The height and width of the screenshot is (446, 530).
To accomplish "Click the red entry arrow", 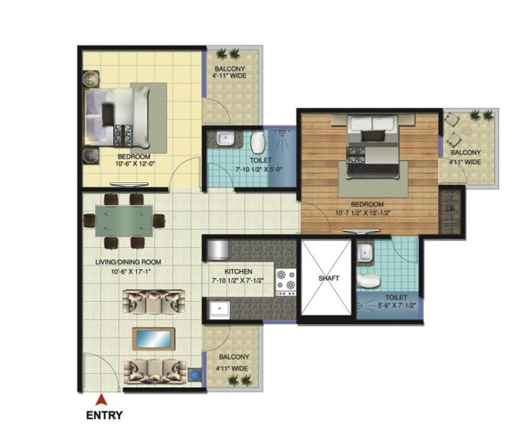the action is coord(101,400).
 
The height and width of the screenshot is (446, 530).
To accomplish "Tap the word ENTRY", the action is coord(104,415).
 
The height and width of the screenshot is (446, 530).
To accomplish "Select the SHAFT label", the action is coord(329,278).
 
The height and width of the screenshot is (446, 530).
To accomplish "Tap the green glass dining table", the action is coord(124,221).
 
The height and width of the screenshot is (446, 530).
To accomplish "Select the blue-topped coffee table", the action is coord(154,339).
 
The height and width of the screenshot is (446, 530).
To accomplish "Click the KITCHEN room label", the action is coord(238,272).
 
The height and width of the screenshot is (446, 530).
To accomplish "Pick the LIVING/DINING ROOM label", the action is coord(128,262).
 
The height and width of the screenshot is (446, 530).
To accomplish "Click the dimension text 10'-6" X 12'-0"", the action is coord(135,164).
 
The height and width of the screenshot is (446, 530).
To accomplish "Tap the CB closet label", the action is coord(450,209).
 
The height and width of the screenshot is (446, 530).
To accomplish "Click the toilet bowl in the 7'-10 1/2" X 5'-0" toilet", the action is coord(258,142).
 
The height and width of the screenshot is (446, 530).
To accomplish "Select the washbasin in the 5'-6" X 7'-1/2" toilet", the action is coord(365,252).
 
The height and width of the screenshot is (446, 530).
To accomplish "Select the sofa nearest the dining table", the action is coord(154,302).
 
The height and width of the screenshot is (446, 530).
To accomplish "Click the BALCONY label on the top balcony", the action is coord(230,69).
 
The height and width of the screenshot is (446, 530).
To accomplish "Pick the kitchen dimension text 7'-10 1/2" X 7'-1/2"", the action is coord(238,281).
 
